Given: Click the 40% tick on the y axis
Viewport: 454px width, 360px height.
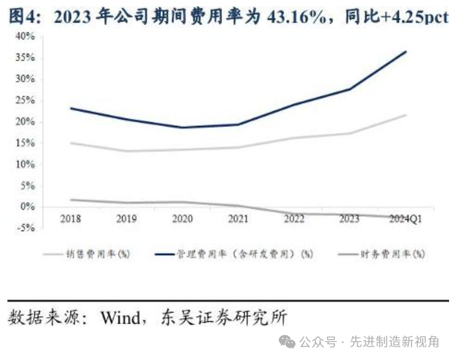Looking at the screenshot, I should click(x=25, y=36).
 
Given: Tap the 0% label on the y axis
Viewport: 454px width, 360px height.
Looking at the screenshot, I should click(x=28, y=207).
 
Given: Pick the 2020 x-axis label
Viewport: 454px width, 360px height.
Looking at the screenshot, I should click(x=182, y=218).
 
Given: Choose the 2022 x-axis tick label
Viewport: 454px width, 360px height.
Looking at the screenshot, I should click(x=294, y=218).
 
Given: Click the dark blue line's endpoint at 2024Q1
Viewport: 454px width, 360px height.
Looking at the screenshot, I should click(x=406, y=51).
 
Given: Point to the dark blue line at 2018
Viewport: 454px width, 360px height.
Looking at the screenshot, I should click(x=70, y=108).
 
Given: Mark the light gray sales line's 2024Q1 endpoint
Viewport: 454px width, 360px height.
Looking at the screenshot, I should click(x=406, y=115).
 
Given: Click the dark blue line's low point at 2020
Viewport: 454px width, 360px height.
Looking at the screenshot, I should click(x=182, y=128).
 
